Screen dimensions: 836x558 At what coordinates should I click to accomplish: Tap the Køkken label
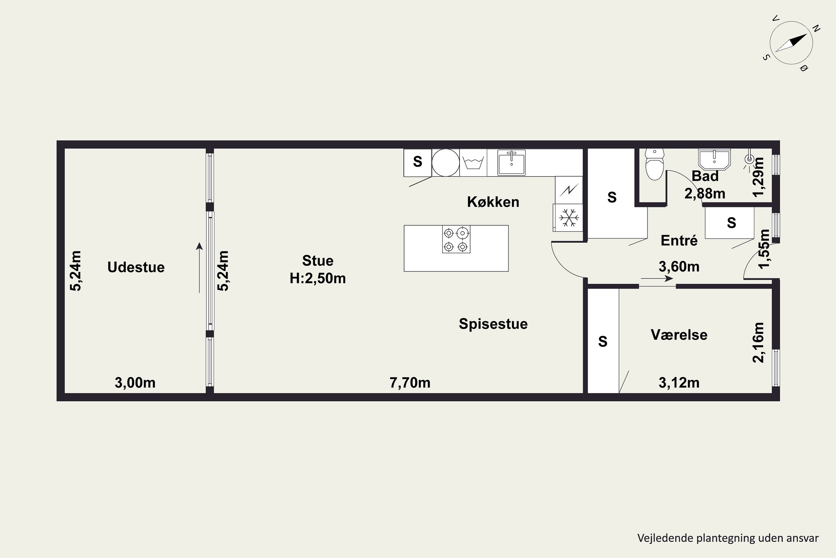[493, 202]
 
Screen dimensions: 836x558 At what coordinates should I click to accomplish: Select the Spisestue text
[493, 324]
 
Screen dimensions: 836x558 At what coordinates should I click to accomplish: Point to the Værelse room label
[679, 335]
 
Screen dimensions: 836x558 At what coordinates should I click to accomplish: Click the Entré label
[679, 240]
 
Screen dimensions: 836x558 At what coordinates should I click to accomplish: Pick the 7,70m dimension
[410, 383]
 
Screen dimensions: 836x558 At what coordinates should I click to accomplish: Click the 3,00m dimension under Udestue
[135, 383]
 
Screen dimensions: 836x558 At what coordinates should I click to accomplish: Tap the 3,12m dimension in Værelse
[679, 383]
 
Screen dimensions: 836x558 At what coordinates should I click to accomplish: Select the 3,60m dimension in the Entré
[679, 266]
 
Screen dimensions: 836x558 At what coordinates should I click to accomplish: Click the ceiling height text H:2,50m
[318, 278]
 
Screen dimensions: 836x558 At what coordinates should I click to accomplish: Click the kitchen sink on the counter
[511, 163]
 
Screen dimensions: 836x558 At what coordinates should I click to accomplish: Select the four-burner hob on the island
[456, 239]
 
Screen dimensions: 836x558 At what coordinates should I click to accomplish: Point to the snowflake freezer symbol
[569, 217]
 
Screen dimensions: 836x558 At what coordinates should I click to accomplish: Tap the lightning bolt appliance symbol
[569, 190]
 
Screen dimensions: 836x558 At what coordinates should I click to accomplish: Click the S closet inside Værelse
[603, 341]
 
